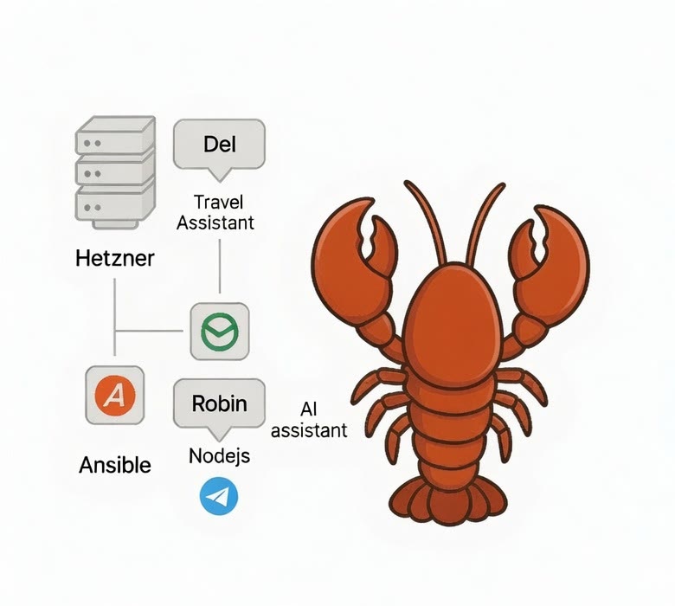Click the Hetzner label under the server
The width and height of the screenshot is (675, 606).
(114, 259)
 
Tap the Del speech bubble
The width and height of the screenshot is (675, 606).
(219, 146)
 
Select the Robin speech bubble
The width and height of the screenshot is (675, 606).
(219, 406)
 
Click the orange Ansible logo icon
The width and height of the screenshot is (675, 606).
(115, 396)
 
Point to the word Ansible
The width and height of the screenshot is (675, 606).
(115, 465)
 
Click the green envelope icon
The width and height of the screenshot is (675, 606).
(220, 332)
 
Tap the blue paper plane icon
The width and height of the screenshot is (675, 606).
(219, 496)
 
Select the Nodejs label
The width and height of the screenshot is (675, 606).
(219, 455)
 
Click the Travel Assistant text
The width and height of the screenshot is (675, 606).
(215, 212)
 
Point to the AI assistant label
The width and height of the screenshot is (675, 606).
(309, 420)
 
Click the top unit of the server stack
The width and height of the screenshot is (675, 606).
(115, 135)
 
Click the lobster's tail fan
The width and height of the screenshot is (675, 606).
(448, 502)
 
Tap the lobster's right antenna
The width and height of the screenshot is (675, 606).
(485, 222)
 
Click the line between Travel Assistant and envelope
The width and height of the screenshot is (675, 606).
(220, 266)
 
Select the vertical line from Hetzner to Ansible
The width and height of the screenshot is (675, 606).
(114, 317)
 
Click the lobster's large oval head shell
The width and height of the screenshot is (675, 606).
(453, 324)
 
